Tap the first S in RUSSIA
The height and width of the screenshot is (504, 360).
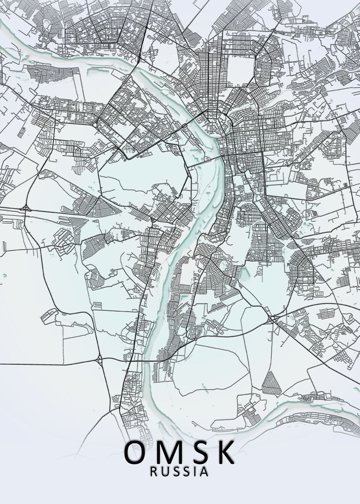click(x=176, y=472)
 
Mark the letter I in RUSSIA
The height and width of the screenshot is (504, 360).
click(x=194, y=472)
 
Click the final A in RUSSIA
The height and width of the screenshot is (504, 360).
click(x=204, y=472)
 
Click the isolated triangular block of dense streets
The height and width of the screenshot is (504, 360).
click(x=271, y=383)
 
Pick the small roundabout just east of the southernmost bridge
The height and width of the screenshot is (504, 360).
click(x=196, y=338)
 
